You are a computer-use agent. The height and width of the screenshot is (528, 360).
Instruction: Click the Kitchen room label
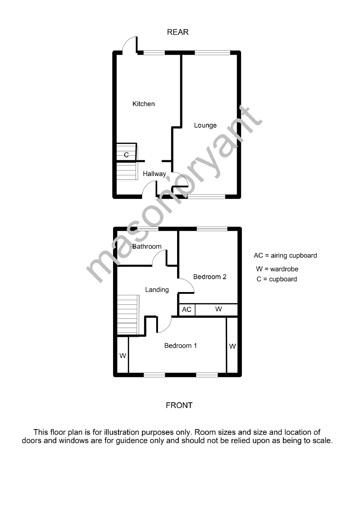pyautogui.click(x=144, y=104)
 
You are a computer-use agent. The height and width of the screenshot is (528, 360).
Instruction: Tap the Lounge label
pyautogui.click(x=205, y=125)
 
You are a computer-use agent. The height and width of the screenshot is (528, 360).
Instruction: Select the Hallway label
pyautogui.click(x=154, y=174)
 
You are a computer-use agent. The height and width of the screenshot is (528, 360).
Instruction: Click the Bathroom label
pyautogui.click(x=147, y=247)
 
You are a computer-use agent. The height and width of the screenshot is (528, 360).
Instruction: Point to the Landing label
pyautogui.click(x=157, y=290)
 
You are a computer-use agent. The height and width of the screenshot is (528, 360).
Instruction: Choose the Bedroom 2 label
pyautogui.click(x=210, y=277)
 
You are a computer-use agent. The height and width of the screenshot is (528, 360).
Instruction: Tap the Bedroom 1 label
pyautogui.click(x=181, y=345)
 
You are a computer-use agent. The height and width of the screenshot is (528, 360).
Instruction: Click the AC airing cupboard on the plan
pyautogui.click(x=187, y=310)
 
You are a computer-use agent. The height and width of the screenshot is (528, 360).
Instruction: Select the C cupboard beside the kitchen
pyautogui.click(x=126, y=155)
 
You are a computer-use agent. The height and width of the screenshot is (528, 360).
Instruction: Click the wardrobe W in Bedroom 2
pyautogui.click(x=219, y=309)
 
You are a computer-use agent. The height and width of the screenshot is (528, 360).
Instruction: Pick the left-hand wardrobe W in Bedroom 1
pyautogui.click(x=123, y=356)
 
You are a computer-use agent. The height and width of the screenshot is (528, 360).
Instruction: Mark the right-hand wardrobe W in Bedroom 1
pyautogui.click(x=232, y=346)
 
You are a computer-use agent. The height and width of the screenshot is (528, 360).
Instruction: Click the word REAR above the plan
pyautogui.click(x=178, y=32)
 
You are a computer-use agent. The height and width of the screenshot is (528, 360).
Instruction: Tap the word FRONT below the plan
pyautogui.click(x=179, y=405)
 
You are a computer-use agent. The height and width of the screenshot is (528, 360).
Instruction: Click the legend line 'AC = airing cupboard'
pyautogui.click(x=285, y=255)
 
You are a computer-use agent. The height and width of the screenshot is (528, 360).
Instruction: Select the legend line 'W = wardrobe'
pyautogui.click(x=277, y=269)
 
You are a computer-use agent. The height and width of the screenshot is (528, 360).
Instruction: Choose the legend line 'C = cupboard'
pyautogui.click(x=277, y=279)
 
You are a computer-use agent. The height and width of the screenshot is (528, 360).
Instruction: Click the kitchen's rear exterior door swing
pyautogui.click(x=130, y=45)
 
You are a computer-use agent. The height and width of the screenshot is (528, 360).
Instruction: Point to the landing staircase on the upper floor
pyautogui.click(x=128, y=314)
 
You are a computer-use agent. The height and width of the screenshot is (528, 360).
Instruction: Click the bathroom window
pyautogui.click(x=148, y=229)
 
